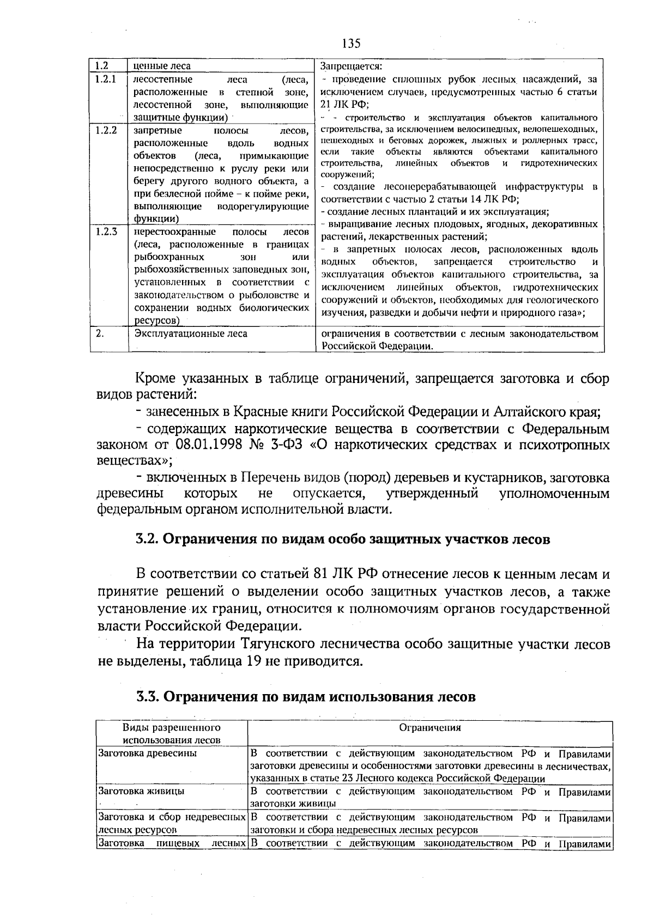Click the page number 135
[x=352, y=43]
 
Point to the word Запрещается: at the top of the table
[x=351, y=66]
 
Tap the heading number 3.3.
[x=147, y=697]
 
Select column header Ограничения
[x=430, y=727]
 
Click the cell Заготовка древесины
[x=139, y=753]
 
